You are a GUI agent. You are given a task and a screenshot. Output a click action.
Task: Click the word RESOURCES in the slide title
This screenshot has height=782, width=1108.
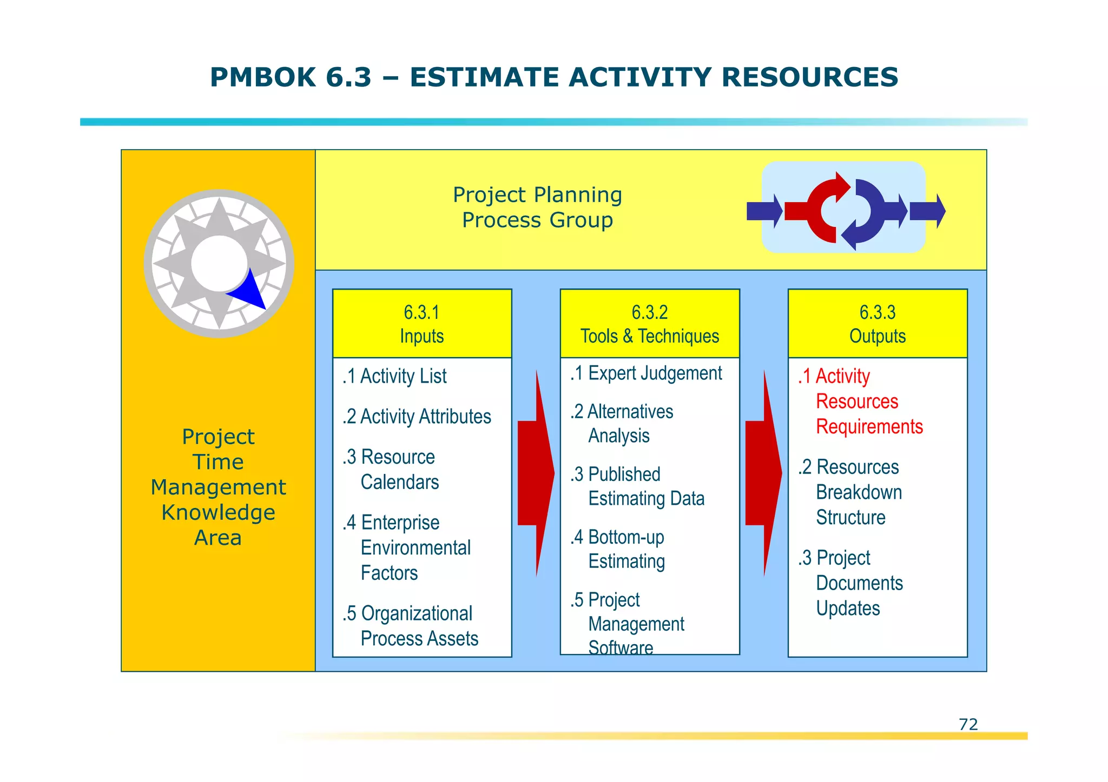click(809, 77)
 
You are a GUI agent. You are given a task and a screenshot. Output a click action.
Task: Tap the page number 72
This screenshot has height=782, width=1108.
click(968, 724)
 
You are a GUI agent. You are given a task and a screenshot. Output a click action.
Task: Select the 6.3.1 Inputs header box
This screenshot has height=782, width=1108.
click(422, 324)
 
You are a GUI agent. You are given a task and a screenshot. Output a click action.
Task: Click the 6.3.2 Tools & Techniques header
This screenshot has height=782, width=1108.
click(650, 324)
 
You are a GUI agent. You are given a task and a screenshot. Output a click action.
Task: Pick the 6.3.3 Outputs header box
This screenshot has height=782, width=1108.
click(877, 324)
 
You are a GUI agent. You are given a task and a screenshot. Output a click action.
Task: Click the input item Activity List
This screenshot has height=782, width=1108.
click(395, 376)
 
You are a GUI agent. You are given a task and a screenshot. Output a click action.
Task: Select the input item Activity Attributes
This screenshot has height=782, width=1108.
click(417, 417)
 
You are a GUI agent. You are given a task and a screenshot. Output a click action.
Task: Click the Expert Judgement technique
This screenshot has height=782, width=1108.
click(647, 373)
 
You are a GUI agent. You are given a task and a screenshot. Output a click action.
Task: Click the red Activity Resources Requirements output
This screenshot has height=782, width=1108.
click(860, 402)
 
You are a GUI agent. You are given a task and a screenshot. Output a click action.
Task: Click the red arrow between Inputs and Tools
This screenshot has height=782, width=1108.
click(536, 473)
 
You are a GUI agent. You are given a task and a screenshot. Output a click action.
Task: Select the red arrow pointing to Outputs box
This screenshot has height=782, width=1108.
click(763, 473)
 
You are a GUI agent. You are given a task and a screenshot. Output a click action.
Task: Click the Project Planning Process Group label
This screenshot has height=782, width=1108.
click(537, 208)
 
